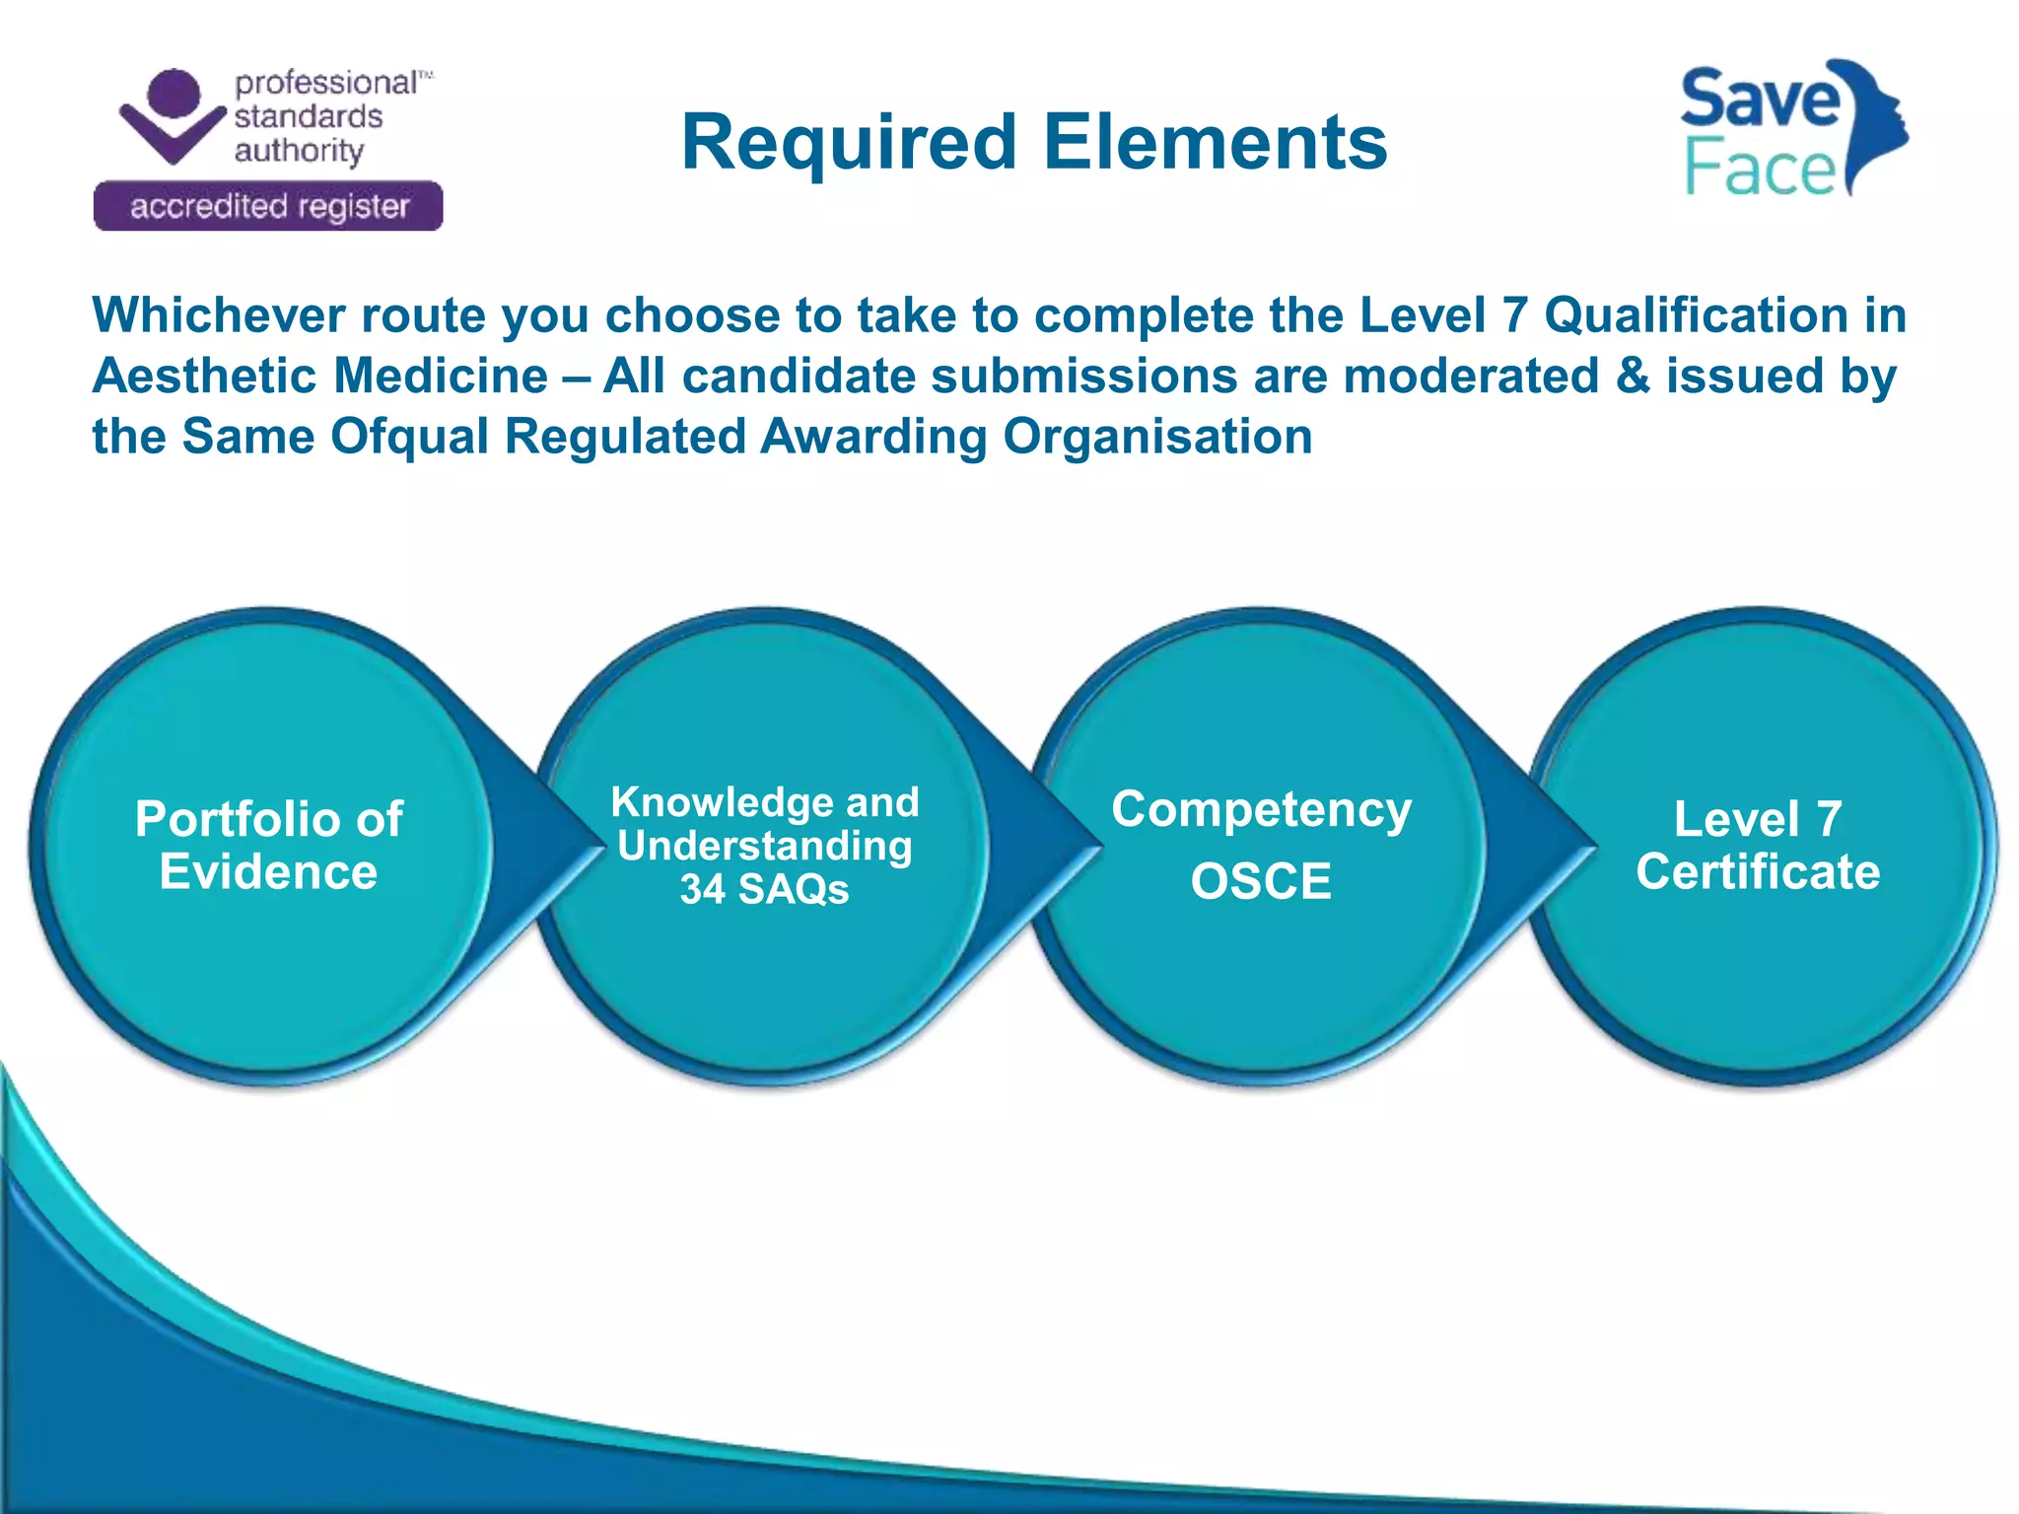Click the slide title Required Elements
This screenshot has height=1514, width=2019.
tap(1033, 142)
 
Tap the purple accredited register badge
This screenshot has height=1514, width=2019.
tap(268, 207)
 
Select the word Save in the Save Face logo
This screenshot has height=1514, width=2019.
tap(1759, 99)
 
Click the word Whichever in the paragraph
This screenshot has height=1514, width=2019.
tap(219, 316)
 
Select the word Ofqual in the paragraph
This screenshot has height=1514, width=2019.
tap(409, 437)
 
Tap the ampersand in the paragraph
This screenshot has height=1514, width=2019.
tap(1633, 377)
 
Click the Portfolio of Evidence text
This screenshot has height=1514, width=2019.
tap(268, 846)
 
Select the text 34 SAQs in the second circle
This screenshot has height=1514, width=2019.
tap(764, 890)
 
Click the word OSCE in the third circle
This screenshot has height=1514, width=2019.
tap(1260, 881)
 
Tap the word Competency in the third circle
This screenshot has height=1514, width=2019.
tap(1261, 810)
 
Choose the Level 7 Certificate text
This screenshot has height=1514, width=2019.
tap(1758, 846)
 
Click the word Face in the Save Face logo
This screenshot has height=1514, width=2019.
tap(1759, 170)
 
